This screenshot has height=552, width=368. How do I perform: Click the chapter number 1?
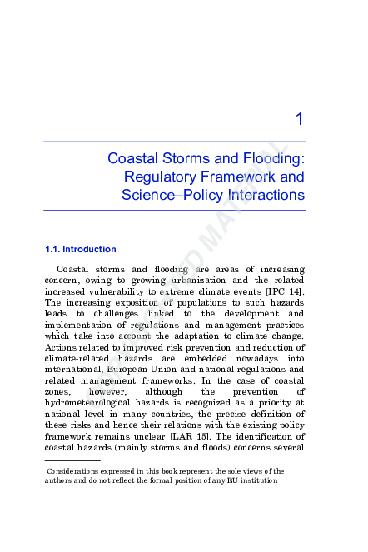299,122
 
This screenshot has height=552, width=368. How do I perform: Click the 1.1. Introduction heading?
80,249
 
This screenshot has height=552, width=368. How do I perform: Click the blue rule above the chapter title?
174,142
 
